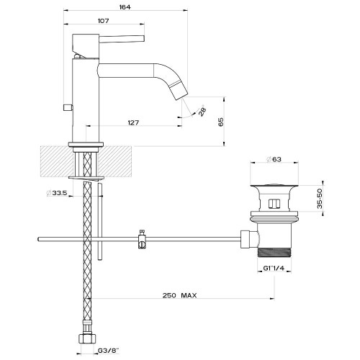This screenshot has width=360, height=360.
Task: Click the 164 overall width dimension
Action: (125, 7)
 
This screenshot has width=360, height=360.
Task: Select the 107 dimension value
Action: (104, 21)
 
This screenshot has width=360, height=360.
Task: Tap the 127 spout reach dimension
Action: (133, 122)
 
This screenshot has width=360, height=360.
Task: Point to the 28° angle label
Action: (202, 110)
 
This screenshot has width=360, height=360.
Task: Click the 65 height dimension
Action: (221, 122)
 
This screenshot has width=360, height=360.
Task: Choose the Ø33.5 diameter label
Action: (57, 193)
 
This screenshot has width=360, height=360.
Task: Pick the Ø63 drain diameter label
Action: (274, 159)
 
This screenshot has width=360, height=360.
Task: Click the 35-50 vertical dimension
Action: (320, 198)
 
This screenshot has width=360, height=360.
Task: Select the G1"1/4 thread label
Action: (274, 268)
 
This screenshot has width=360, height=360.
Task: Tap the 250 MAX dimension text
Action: (179, 295)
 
